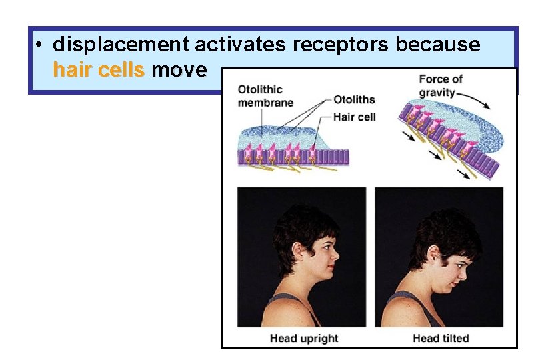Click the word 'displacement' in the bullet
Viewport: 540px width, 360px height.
(121, 45)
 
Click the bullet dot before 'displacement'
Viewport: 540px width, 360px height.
(41, 45)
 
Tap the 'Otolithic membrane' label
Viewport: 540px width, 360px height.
(265, 95)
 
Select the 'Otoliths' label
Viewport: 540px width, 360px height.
(354, 100)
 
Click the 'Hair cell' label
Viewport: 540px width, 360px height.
(355, 117)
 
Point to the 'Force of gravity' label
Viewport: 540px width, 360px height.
(440, 85)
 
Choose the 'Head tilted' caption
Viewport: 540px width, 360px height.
(441, 338)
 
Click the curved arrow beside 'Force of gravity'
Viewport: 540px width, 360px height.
(475, 100)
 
